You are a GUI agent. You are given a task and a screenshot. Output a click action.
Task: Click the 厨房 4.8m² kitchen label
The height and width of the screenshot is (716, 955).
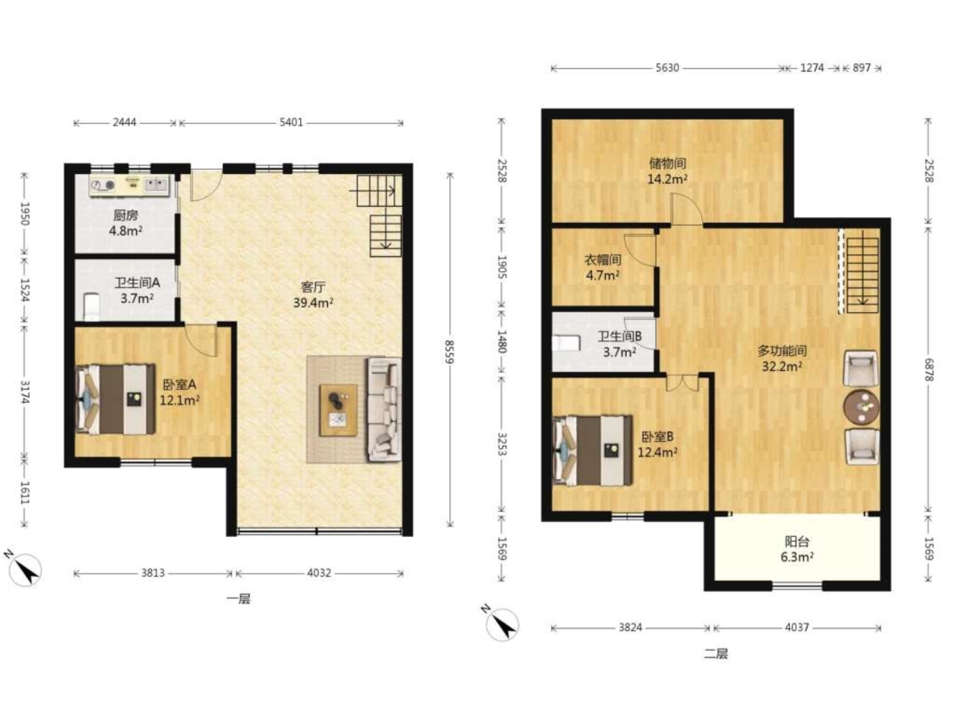[x=126, y=223]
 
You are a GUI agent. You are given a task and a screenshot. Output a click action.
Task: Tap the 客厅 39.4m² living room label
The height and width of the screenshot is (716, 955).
[x=313, y=295]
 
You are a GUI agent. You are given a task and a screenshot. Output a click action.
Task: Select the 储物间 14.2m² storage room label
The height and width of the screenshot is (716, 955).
[x=668, y=171]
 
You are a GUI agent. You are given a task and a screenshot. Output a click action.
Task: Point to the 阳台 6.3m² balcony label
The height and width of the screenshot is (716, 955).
[x=797, y=549]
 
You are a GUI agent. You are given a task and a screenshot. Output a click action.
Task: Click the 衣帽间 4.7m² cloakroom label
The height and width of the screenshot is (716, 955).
[x=603, y=267]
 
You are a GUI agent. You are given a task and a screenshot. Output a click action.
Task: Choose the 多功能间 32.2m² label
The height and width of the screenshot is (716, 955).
[x=782, y=358]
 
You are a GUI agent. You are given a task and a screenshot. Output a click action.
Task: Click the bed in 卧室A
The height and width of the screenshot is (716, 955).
[x=115, y=399]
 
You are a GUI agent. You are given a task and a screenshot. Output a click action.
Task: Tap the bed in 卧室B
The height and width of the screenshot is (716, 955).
[x=592, y=450]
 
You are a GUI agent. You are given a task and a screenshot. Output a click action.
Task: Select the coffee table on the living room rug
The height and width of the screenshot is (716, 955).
[x=338, y=410]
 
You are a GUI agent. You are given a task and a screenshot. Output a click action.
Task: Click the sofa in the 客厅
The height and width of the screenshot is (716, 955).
[x=385, y=409]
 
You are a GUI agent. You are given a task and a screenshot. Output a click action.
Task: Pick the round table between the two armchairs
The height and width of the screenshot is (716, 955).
[x=861, y=407]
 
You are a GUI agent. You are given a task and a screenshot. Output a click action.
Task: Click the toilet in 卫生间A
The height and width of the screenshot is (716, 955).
[x=91, y=307]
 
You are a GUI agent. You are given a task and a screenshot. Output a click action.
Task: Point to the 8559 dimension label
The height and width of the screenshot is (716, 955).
[x=450, y=352]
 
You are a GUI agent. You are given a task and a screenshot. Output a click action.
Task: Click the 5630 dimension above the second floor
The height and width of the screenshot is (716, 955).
[x=668, y=68]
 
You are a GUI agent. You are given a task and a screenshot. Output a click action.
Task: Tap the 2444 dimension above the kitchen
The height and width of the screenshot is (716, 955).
[x=125, y=122]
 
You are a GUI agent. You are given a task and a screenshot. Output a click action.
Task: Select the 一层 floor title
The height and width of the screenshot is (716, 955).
[x=239, y=599]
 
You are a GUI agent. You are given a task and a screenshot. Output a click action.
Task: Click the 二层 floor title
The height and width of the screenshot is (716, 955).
[x=716, y=654]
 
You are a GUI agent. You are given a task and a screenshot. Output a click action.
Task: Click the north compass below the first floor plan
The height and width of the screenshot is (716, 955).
[x=25, y=569]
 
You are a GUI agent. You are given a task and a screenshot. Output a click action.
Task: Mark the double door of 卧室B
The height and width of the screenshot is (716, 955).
[x=683, y=382]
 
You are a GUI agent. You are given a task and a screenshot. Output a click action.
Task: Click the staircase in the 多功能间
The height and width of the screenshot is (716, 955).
[x=862, y=271]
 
